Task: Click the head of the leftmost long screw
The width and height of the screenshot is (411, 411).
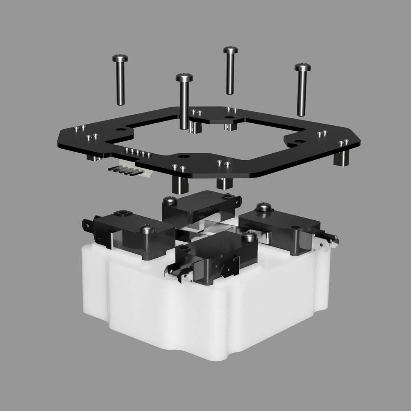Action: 120,58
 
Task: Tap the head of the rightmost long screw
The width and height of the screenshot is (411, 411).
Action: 302,67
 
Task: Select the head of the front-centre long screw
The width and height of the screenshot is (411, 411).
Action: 184,77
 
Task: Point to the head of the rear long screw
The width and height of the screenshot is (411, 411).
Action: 231,50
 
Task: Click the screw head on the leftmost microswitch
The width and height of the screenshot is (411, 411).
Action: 146,229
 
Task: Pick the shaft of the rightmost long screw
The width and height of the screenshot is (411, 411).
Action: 302,92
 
